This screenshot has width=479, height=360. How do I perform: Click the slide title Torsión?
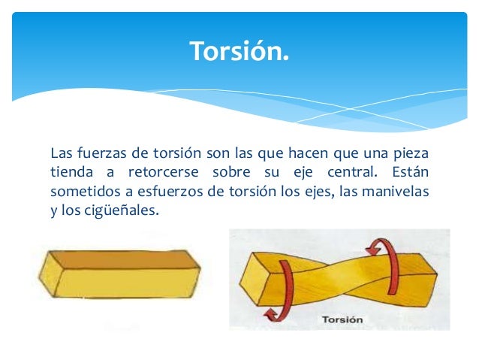(239, 51)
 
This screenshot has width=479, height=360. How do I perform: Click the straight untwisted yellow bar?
(120, 274)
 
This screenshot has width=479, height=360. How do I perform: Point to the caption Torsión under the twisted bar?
(342, 319)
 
